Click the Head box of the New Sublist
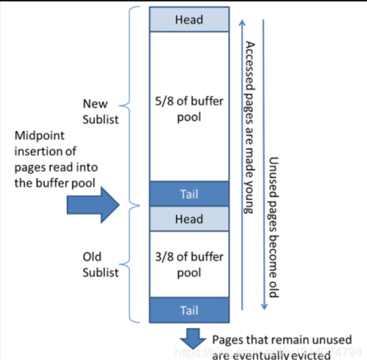[x=189, y=19]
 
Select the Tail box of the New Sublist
[x=189, y=194]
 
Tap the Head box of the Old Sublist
[x=189, y=219]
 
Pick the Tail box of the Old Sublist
[x=189, y=310]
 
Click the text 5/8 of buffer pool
[x=189, y=109]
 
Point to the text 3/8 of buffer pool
[x=189, y=265]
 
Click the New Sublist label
[x=100, y=111]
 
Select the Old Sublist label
[x=100, y=264]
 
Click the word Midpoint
[x=39, y=135]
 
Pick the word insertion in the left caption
[x=45, y=151]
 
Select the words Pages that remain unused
[x=282, y=340]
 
